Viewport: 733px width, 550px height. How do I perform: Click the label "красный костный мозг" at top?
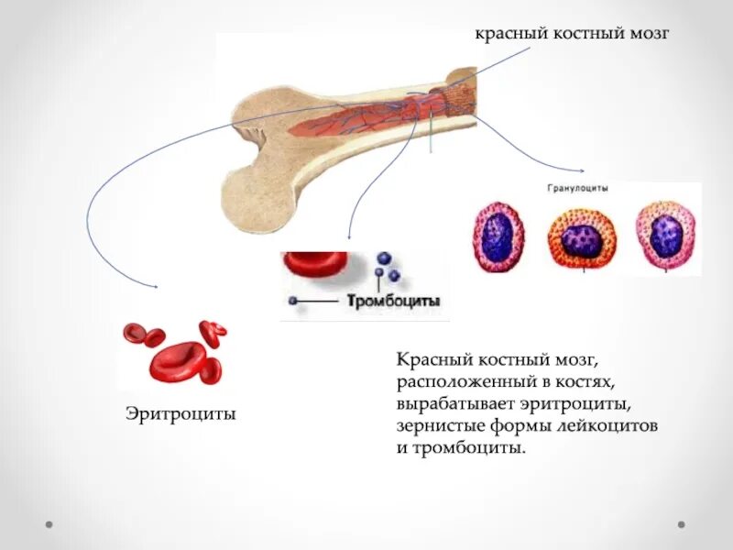573,34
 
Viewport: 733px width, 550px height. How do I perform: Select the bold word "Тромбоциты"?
394,301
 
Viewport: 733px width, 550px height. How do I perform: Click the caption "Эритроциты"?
181,414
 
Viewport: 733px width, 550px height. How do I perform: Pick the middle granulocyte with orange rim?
582,238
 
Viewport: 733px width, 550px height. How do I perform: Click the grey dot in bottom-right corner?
682,524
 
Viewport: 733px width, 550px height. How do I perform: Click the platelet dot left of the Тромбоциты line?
292,301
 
